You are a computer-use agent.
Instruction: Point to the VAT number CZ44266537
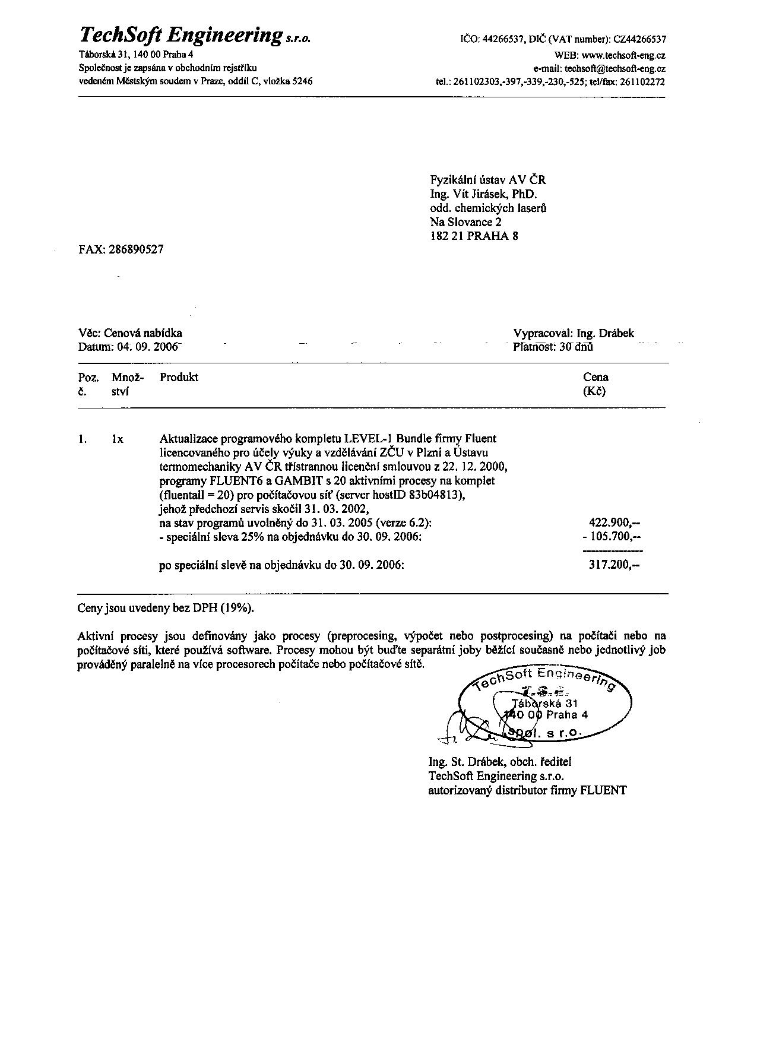click(x=639, y=40)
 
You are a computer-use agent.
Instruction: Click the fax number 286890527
click(x=136, y=249)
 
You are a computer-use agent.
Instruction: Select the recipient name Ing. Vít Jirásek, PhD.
click(x=483, y=194)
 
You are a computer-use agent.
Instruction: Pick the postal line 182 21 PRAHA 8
click(x=474, y=236)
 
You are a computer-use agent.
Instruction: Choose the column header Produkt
click(x=179, y=377)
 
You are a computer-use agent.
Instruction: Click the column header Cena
click(x=596, y=377)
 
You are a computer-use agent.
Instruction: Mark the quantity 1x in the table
click(x=117, y=439)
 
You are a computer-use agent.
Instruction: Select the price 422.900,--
click(x=615, y=523)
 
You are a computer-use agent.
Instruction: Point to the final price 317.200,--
click(x=615, y=565)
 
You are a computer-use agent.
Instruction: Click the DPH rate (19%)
click(x=238, y=608)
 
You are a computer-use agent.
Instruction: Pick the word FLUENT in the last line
click(x=603, y=790)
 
